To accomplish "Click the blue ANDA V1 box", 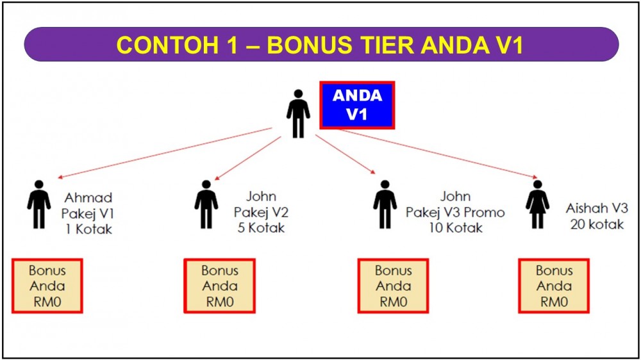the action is [x=357, y=105].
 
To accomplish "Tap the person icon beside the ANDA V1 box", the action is [x=298, y=113].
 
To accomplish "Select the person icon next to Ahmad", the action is [x=39, y=204].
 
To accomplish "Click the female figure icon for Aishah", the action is [x=537, y=204].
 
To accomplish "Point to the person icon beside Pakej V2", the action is [x=206, y=204].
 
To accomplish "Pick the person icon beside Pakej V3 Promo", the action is [x=385, y=204].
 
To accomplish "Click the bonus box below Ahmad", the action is [x=47, y=286].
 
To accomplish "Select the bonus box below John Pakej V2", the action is [x=219, y=286].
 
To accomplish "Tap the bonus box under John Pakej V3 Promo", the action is [x=394, y=286].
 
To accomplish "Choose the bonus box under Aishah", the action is [x=554, y=286].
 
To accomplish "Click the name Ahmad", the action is [x=88, y=198].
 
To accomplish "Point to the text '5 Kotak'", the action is [x=262, y=227].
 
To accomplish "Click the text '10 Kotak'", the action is [x=455, y=227].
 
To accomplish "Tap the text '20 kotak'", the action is [x=597, y=224].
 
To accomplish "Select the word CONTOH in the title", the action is [x=167, y=45].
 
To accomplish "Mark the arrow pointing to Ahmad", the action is [x=165, y=153].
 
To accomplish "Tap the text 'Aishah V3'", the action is [x=597, y=208].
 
